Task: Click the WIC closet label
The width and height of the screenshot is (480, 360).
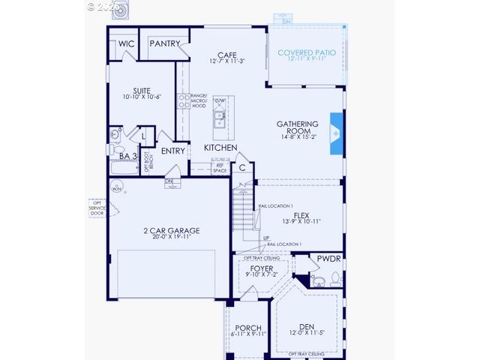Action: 126,44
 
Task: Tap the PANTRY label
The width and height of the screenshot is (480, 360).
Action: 164,44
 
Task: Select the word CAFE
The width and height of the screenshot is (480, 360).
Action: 227,55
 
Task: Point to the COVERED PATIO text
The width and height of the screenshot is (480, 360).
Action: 307,53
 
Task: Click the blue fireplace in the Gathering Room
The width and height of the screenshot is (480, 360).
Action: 336,133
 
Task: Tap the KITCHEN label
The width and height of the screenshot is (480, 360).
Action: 220,148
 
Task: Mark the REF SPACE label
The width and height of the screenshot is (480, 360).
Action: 220,168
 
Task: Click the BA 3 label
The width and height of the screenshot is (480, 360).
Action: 128,156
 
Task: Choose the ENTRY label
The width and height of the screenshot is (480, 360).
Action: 172,151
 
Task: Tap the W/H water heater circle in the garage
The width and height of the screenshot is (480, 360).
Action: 117,189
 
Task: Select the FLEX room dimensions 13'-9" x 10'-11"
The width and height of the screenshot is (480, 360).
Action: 301,221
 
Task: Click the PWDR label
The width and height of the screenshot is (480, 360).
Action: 328,258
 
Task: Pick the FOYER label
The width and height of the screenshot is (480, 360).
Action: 262,268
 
